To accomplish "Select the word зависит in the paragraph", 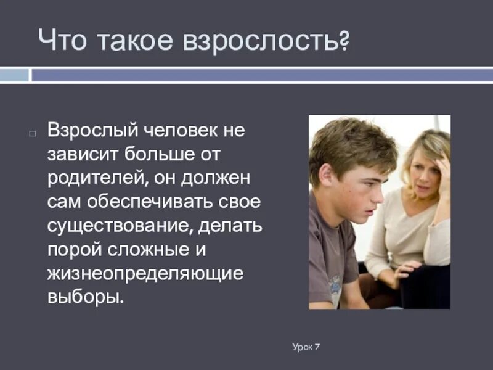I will pos(83,153).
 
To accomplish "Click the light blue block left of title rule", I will pos(15,75).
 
